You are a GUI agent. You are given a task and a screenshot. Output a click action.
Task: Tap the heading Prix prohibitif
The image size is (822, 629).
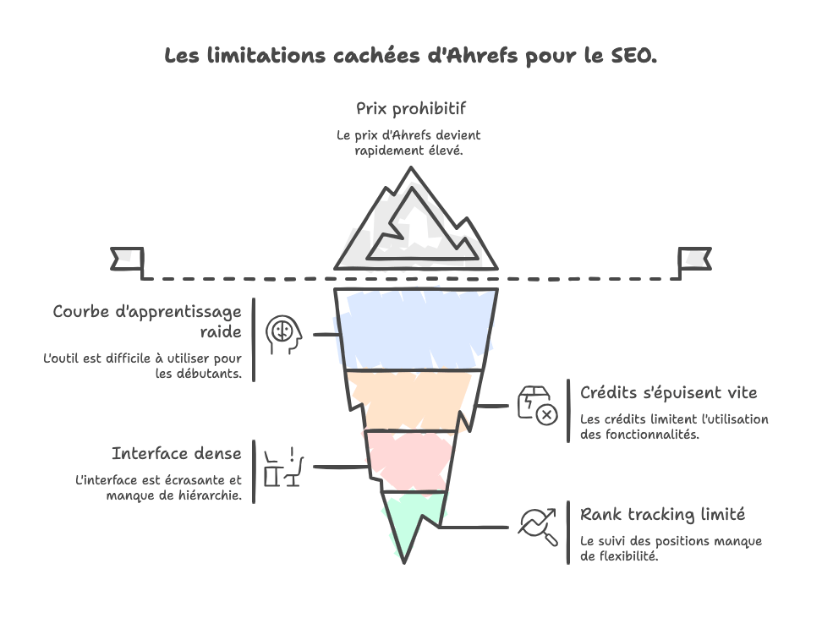[411, 109]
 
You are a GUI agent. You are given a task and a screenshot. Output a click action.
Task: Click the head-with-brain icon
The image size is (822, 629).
[282, 334]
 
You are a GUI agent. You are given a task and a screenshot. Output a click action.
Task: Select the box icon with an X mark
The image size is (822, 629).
[537, 405]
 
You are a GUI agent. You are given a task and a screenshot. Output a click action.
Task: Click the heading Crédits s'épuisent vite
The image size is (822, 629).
[668, 392]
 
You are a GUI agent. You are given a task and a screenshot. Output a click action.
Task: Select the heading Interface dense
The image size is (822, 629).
[176, 453]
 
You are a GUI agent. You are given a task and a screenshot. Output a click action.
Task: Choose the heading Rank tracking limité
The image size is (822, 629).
[662, 514]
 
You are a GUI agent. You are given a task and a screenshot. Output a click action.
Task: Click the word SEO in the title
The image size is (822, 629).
[631, 56]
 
